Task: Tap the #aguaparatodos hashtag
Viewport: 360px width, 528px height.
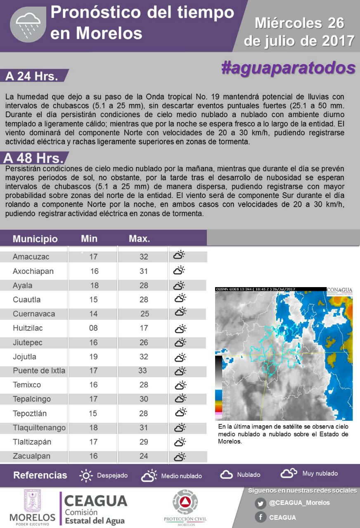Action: point(288,68)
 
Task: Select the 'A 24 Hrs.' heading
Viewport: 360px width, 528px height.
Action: point(32,76)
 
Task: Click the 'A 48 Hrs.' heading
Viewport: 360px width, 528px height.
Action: point(33,158)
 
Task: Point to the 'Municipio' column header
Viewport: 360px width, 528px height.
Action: point(35,239)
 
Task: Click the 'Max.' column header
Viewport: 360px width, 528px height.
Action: point(140,238)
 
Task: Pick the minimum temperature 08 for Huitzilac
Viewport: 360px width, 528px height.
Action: point(93,328)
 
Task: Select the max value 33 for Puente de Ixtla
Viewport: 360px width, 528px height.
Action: point(142,370)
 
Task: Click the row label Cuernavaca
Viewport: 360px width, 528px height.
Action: point(34,314)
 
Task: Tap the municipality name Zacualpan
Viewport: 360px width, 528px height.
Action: point(31,456)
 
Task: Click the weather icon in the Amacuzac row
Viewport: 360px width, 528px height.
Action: point(179,255)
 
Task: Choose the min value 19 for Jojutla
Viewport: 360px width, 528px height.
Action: point(93,357)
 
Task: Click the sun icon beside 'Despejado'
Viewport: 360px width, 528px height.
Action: point(86,475)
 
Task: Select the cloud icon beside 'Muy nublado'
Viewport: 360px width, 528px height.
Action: point(289,473)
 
